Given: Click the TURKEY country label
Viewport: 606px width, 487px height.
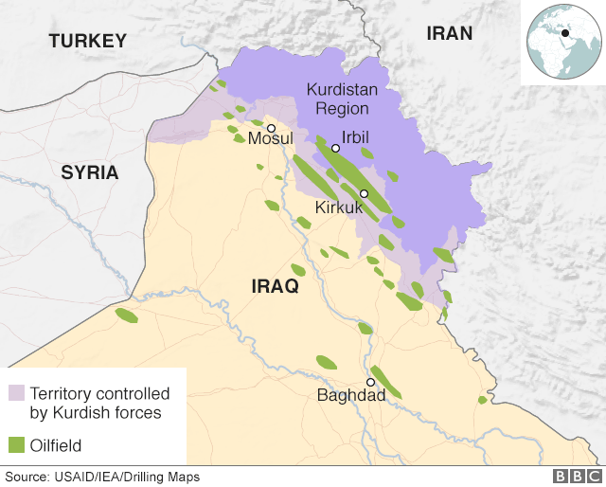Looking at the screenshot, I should pos(87,41).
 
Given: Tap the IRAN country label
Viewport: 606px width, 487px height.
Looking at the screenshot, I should pos(449,33).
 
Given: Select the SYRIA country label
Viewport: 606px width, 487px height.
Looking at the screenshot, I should pos(89,172).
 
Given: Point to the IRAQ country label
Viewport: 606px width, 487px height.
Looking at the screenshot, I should pos(275,286).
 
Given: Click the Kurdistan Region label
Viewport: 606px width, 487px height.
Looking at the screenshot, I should pos(342,99).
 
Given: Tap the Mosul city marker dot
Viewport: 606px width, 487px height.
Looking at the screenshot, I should pos(271,128).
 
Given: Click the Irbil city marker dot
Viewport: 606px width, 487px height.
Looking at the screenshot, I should pos(335,148).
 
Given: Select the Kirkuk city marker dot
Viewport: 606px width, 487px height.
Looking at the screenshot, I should pos(364,193).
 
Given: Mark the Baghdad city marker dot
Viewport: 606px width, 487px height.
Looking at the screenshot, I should pos(371,382).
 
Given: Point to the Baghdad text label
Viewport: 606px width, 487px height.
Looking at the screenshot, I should pos(351,396).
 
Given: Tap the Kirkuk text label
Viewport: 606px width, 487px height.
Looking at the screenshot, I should pos(339,207).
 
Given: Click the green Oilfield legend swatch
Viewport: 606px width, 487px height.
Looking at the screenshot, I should pos(16,443).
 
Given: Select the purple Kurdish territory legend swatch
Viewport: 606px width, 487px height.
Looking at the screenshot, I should pos(16,392).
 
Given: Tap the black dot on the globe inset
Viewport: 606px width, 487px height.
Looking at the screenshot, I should pos(565,34).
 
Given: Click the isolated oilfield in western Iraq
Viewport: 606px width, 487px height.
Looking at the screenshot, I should pos(126,316).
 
